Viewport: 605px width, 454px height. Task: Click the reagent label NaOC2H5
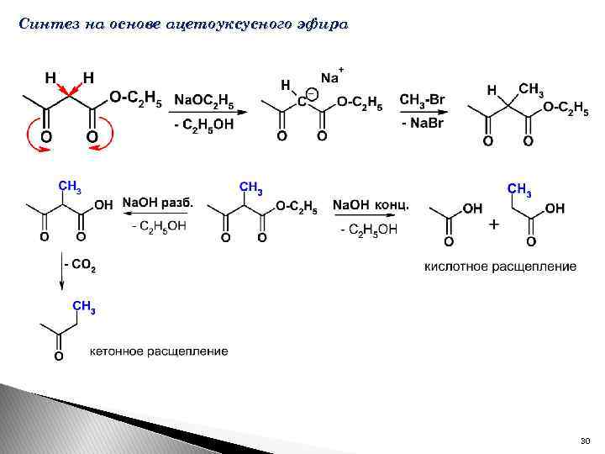[204, 101]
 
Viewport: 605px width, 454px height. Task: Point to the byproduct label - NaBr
[425, 123]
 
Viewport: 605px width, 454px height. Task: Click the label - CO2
[82, 267]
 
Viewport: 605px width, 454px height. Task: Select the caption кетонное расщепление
[170, 351]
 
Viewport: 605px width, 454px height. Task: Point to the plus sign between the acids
[493, 224]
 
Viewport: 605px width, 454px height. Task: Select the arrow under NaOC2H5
[204, 112]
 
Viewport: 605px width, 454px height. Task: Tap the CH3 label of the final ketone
[84, 307]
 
